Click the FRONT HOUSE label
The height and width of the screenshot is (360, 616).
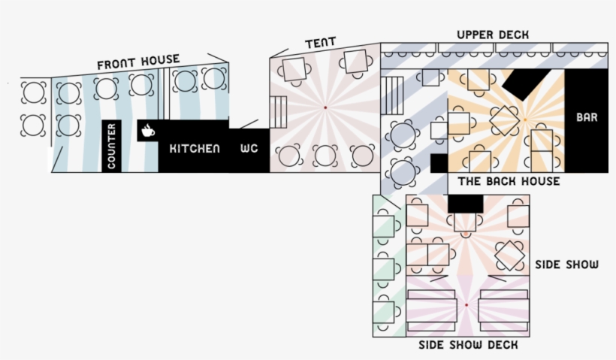138,61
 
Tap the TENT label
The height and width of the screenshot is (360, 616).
320,43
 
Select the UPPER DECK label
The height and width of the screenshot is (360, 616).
492,35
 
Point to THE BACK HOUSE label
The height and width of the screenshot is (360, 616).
509,182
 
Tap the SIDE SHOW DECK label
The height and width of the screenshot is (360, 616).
468,346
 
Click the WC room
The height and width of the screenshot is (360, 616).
249,149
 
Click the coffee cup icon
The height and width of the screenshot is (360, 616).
147,130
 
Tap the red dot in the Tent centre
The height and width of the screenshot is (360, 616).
325,108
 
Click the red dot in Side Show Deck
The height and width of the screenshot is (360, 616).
466,305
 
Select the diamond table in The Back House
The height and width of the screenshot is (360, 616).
505,119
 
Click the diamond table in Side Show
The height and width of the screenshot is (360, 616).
510,255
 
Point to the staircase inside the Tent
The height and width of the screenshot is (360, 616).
279,113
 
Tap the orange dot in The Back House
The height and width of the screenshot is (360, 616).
524,119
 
